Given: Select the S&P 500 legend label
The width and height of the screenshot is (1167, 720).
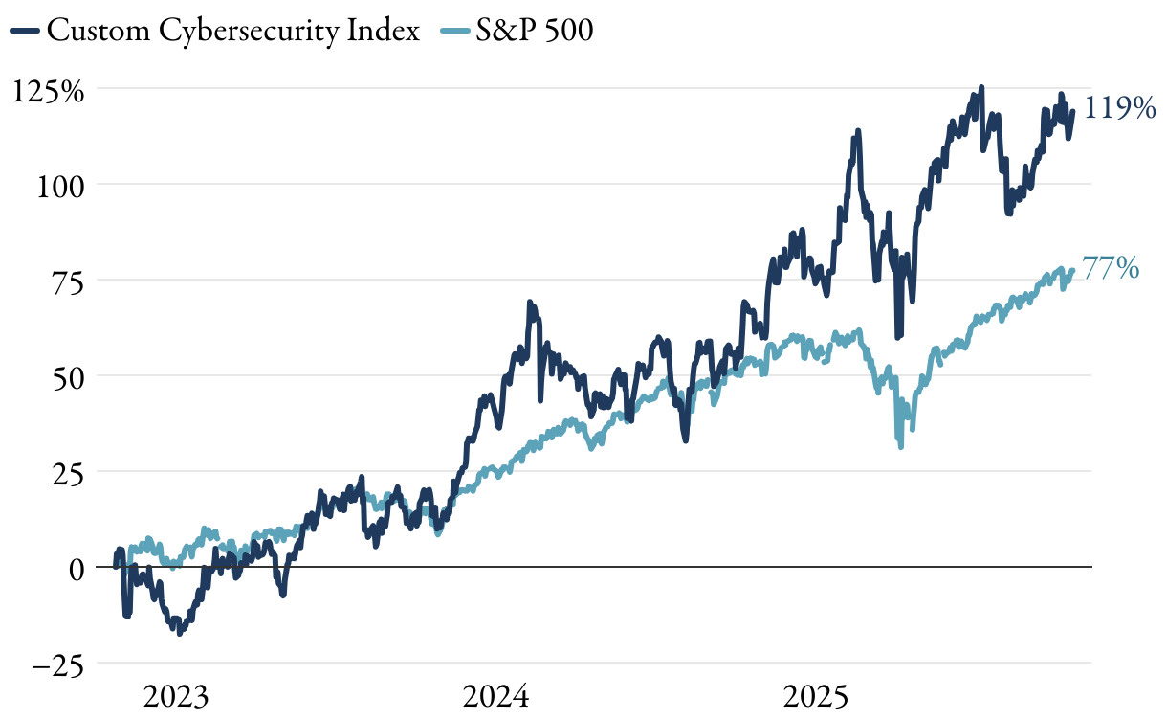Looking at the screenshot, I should coord(535,31).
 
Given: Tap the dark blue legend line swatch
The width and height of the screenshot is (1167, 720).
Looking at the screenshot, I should coord(26,32).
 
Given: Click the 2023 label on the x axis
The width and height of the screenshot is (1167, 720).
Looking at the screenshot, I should coord(176,696).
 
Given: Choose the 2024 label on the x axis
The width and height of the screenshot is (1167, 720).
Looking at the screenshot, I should coord(495,696).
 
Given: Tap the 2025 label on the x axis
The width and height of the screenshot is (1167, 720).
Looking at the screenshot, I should coord(815,696).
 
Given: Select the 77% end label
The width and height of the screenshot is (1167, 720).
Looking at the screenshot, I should coord(1112,269).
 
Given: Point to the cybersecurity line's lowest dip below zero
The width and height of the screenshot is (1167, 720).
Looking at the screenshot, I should coord(179,633).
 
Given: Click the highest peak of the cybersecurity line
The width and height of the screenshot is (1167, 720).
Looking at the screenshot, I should coord(981,88).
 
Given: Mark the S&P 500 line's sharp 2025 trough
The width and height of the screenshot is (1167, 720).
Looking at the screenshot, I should coord(901,446).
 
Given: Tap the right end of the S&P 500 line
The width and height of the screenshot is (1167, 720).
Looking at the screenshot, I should coord(1073,270).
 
